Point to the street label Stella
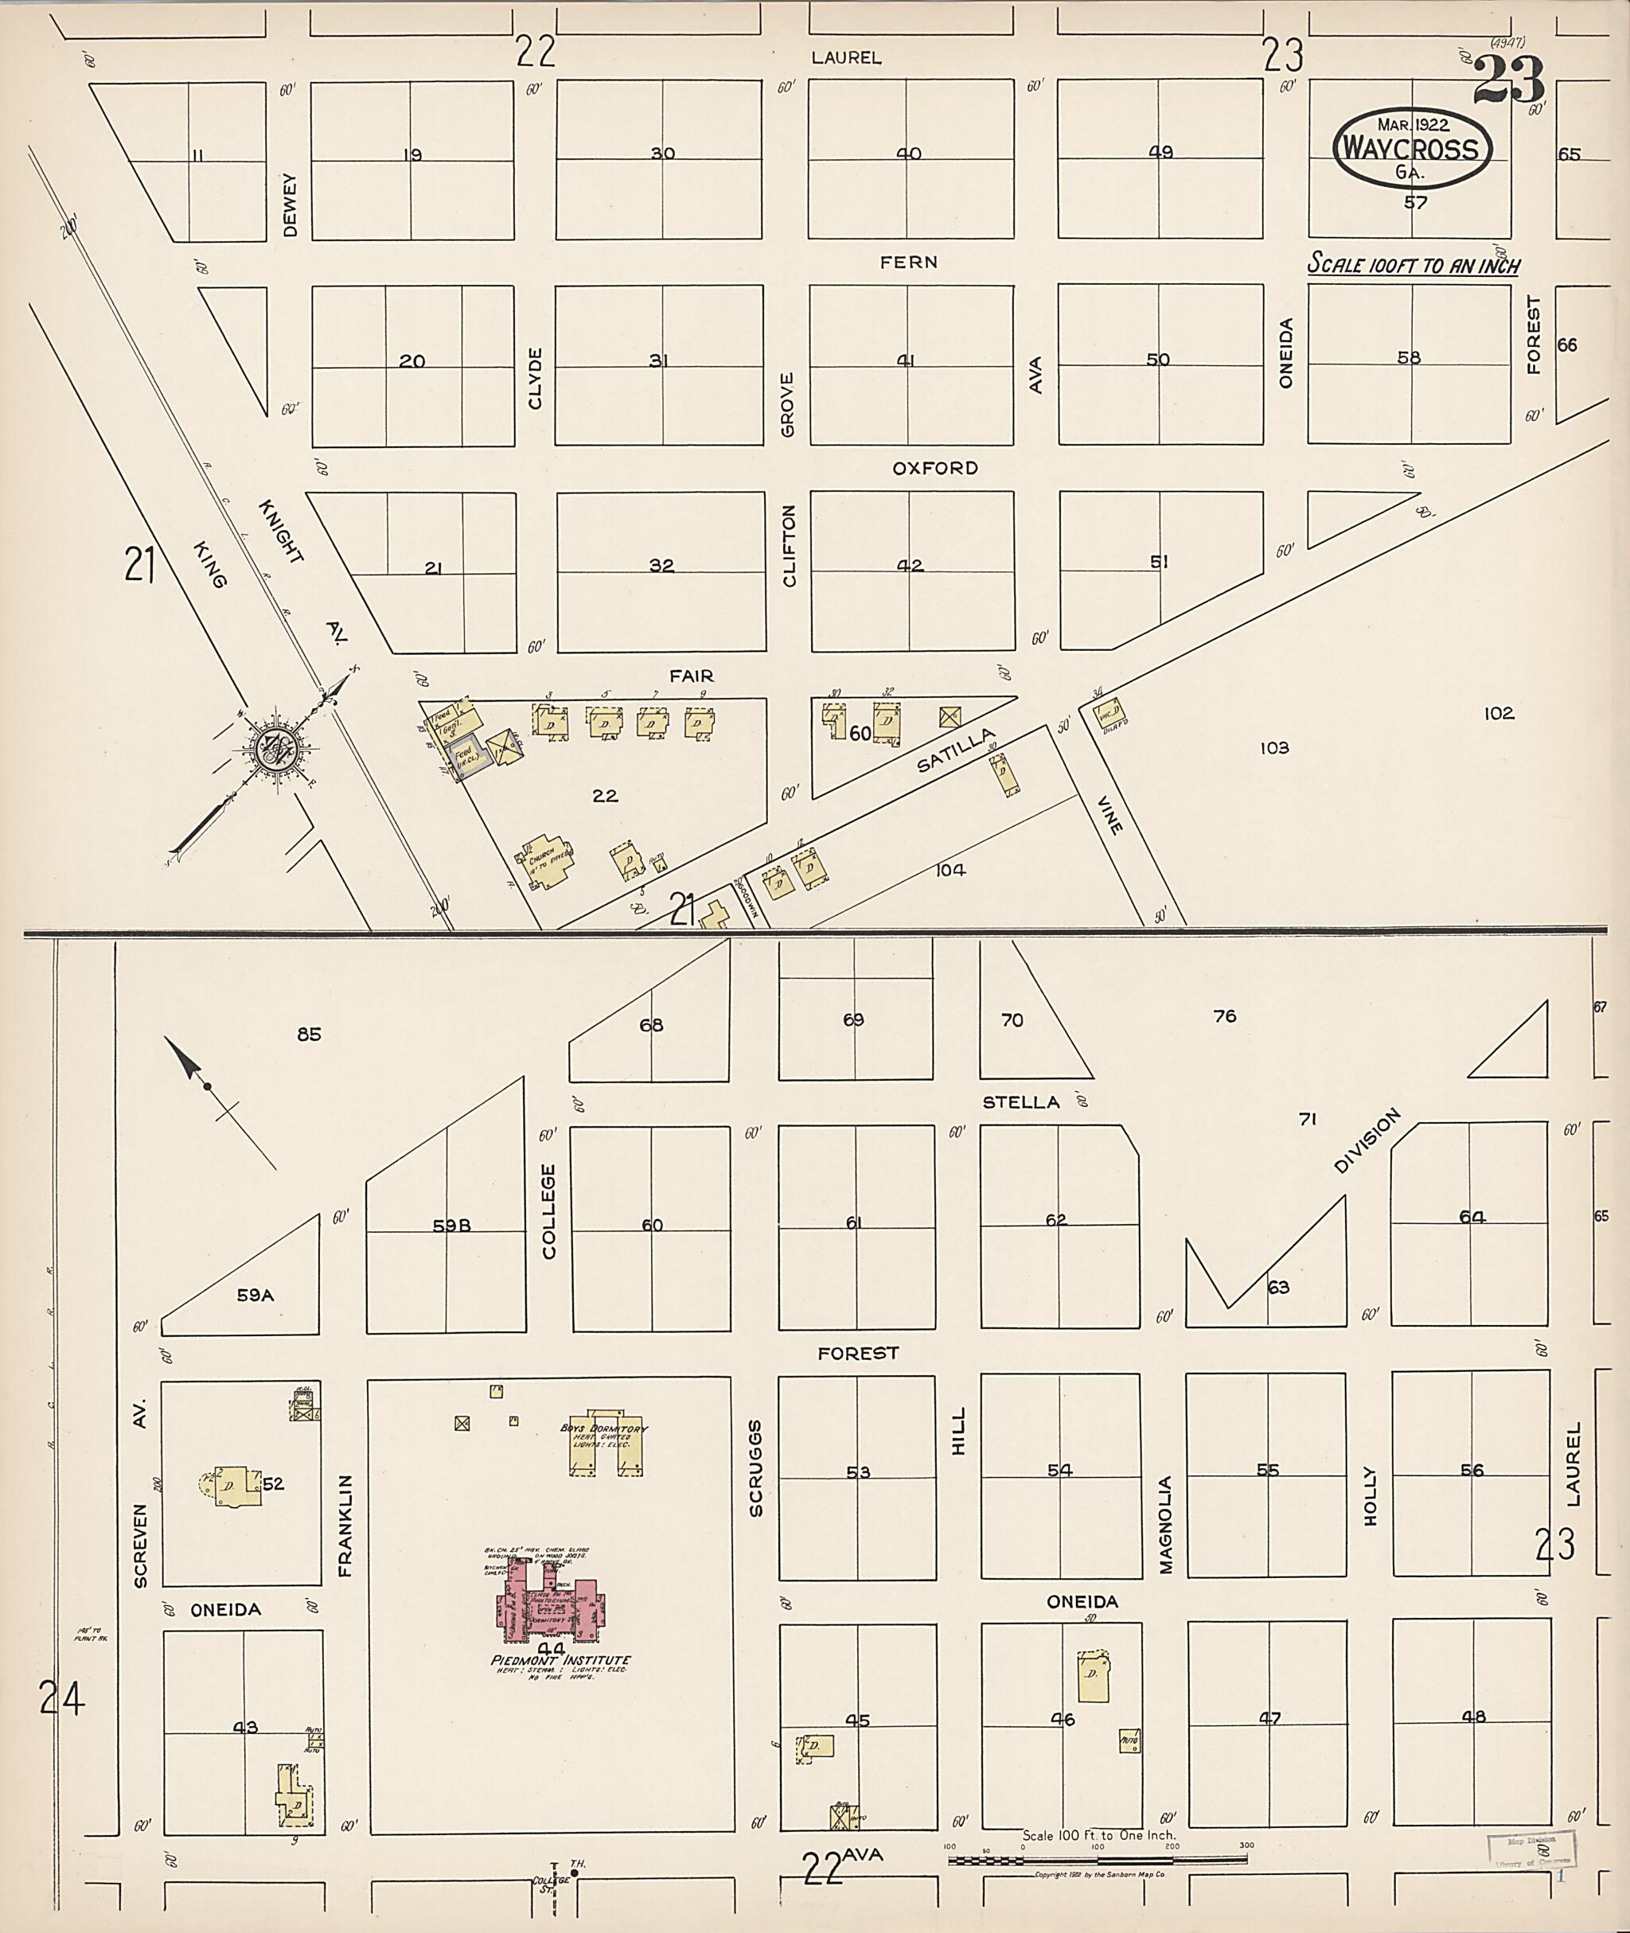[1020, 1102]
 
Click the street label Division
[1367, 1141]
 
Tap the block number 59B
[452, 1226]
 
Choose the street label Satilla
[957, 750]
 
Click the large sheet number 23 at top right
[1508, 81]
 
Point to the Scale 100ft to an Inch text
[1413, 265]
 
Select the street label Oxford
[934, 469]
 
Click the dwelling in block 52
[233, 1485]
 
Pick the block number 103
[1273, 747]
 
